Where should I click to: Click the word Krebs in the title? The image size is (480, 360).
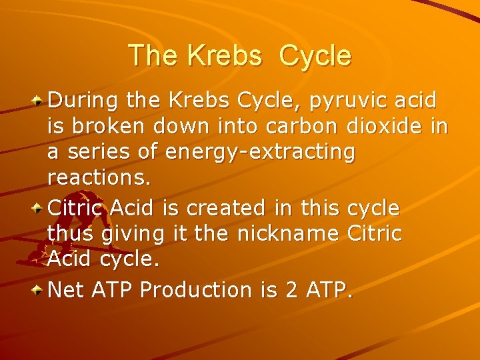point(225,55)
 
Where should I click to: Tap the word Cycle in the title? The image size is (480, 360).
point(315,55)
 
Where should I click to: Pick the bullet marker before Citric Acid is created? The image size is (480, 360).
point(39,208)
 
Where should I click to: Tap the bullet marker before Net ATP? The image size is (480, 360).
point(39,290)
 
